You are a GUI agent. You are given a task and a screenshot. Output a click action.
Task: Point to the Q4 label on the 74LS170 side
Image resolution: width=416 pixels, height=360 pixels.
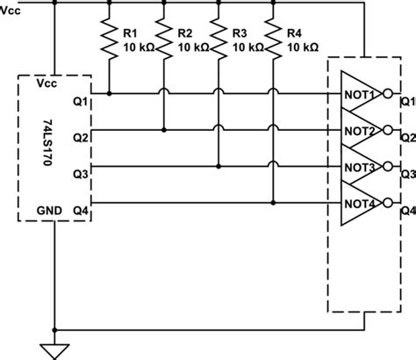[x=80, y=210]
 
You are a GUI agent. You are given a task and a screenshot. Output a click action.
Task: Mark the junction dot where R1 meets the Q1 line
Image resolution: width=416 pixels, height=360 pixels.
[x=109, y=92]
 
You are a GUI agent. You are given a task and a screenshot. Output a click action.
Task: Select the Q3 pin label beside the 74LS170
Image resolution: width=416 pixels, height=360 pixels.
[x=80, y=173]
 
